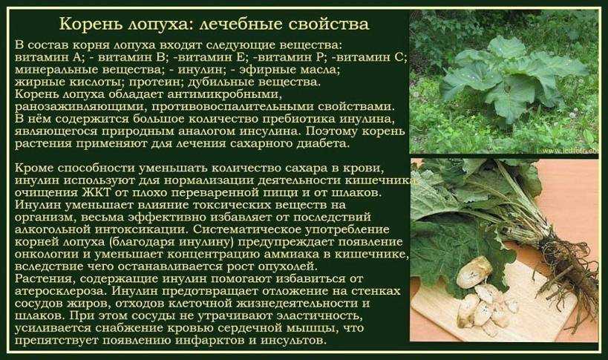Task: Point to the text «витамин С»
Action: (x=370, y=57)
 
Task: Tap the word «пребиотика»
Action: (x=298, y=119)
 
